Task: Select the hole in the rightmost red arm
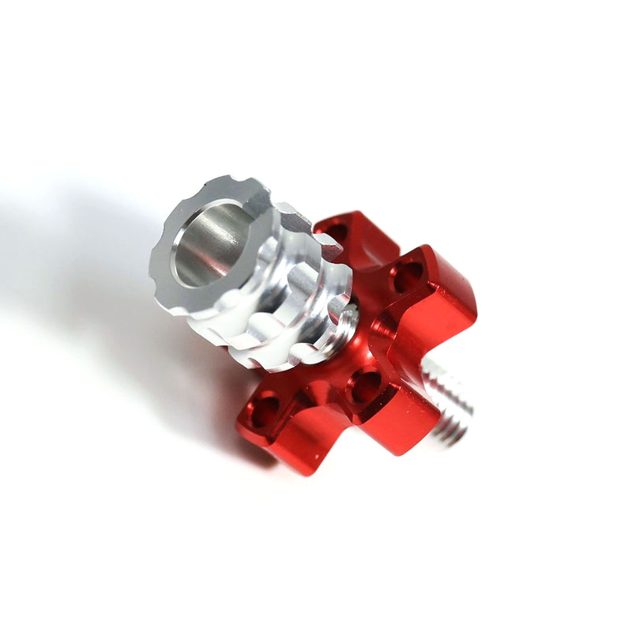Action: [406, 276]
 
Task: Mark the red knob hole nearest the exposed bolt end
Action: [364, 386]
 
